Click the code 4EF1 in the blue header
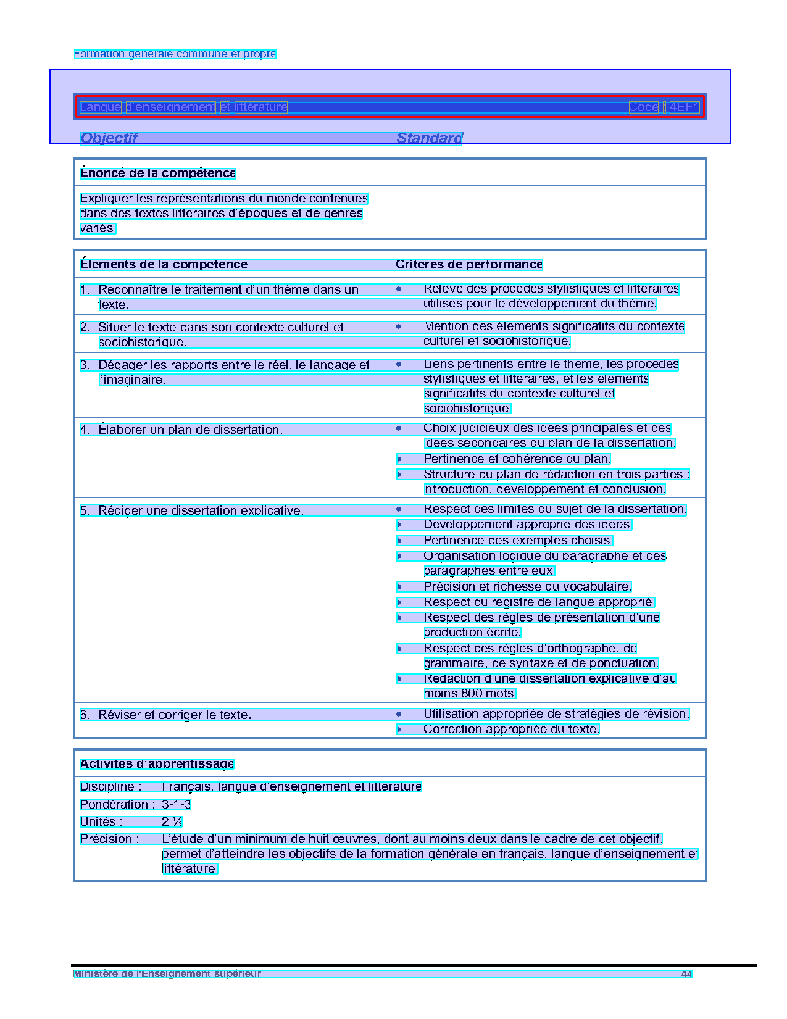pos(684,107)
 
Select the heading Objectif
pos(109,138)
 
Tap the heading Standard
pos(429,138)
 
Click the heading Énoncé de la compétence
pos(158,173)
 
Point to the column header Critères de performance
pos(469,265)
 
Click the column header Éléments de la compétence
pos(164,265)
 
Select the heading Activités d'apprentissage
pos(157,764)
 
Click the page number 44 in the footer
pos(686,974)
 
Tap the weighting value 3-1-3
pos(177,804)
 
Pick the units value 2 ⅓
pos(172,821)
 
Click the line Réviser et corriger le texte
pos(175,715)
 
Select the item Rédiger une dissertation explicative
pos(201,510)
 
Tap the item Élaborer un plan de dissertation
pos(190,430)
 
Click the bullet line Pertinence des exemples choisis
pos(518,541)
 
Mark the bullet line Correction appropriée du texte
pos(511,730)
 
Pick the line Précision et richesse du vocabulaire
pos(527,587)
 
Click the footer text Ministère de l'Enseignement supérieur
pos(167,974)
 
